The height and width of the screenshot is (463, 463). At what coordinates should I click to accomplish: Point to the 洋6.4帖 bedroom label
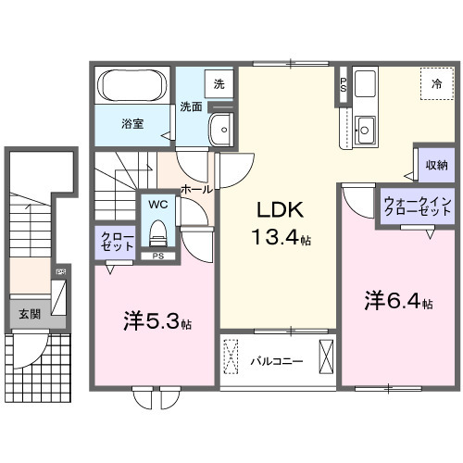tap(398, 301)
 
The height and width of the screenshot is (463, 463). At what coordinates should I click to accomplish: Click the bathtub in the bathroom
tap(131, 88)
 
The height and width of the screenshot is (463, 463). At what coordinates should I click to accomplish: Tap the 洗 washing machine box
tap(219, 83)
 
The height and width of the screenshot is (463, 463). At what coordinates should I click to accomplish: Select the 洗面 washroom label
tap(191, 106)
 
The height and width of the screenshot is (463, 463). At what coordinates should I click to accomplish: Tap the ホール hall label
tap(198, 188)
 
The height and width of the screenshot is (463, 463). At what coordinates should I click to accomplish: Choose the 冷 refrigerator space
tap(436, 83)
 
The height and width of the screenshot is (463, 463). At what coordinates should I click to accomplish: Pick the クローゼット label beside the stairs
tap(110, 242)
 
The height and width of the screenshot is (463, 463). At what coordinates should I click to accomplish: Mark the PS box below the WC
tap(157, 256)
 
